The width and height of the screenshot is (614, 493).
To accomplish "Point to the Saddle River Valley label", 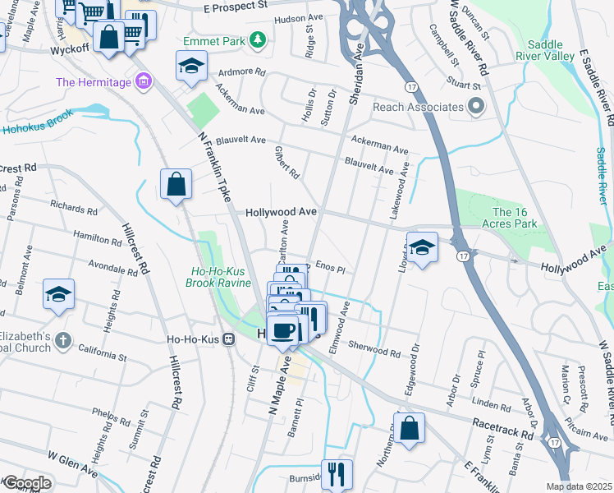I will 539,49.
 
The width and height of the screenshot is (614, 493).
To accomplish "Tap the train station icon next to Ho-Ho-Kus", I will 231,342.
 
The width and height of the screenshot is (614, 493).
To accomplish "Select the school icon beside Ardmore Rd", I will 190,67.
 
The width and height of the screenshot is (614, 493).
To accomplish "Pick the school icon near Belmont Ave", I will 59,293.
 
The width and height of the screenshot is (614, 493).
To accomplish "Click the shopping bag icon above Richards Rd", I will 176,185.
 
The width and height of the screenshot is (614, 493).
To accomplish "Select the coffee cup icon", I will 283,330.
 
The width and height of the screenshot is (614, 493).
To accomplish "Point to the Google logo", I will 26,483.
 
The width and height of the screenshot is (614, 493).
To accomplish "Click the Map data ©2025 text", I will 578,486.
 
